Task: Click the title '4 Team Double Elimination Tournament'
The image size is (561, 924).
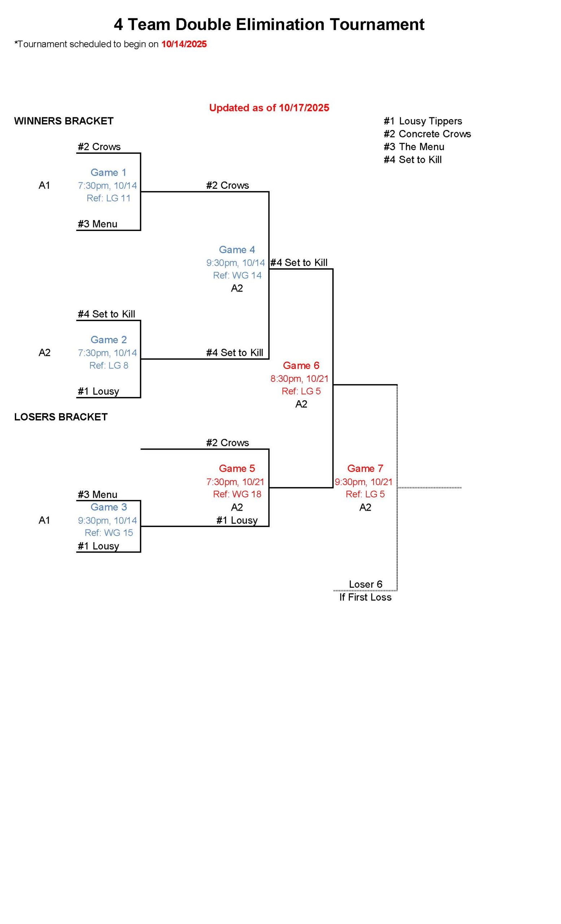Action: [x=269, y=25]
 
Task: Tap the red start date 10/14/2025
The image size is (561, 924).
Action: [x=184, y=44]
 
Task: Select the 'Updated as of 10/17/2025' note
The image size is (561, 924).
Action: [x=269, y=108]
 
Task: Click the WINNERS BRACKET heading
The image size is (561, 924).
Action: [x=64, y=121]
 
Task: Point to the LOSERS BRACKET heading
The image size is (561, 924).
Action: [x=61, y=417]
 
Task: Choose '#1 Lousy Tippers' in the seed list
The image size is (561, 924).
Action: [x=423, y=121]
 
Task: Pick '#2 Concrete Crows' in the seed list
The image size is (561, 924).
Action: [x=427, y=134]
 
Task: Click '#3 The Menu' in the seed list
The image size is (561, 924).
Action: [x=414, y=147]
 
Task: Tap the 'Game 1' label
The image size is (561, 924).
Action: [x=108, y=173]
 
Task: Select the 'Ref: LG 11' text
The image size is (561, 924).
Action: [x=108, y=199]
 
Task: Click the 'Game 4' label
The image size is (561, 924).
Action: [x=236, y=250]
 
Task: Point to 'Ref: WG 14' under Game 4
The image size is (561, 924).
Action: [x=237, y=275]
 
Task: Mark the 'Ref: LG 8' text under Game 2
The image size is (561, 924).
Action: [x=108, y=366]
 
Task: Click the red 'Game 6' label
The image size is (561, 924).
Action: [x=301, y=366]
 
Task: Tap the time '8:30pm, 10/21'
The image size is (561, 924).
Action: [x=299, y=379]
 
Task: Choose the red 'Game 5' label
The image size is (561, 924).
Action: [x=236, y=468]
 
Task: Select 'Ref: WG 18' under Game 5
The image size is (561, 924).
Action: [x=237, y=494]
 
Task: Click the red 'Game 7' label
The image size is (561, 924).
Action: [x=365, y=468]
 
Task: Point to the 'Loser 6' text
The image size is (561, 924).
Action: [x=365, y=584]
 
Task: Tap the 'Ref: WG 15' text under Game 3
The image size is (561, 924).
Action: [x=108, y=533]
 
